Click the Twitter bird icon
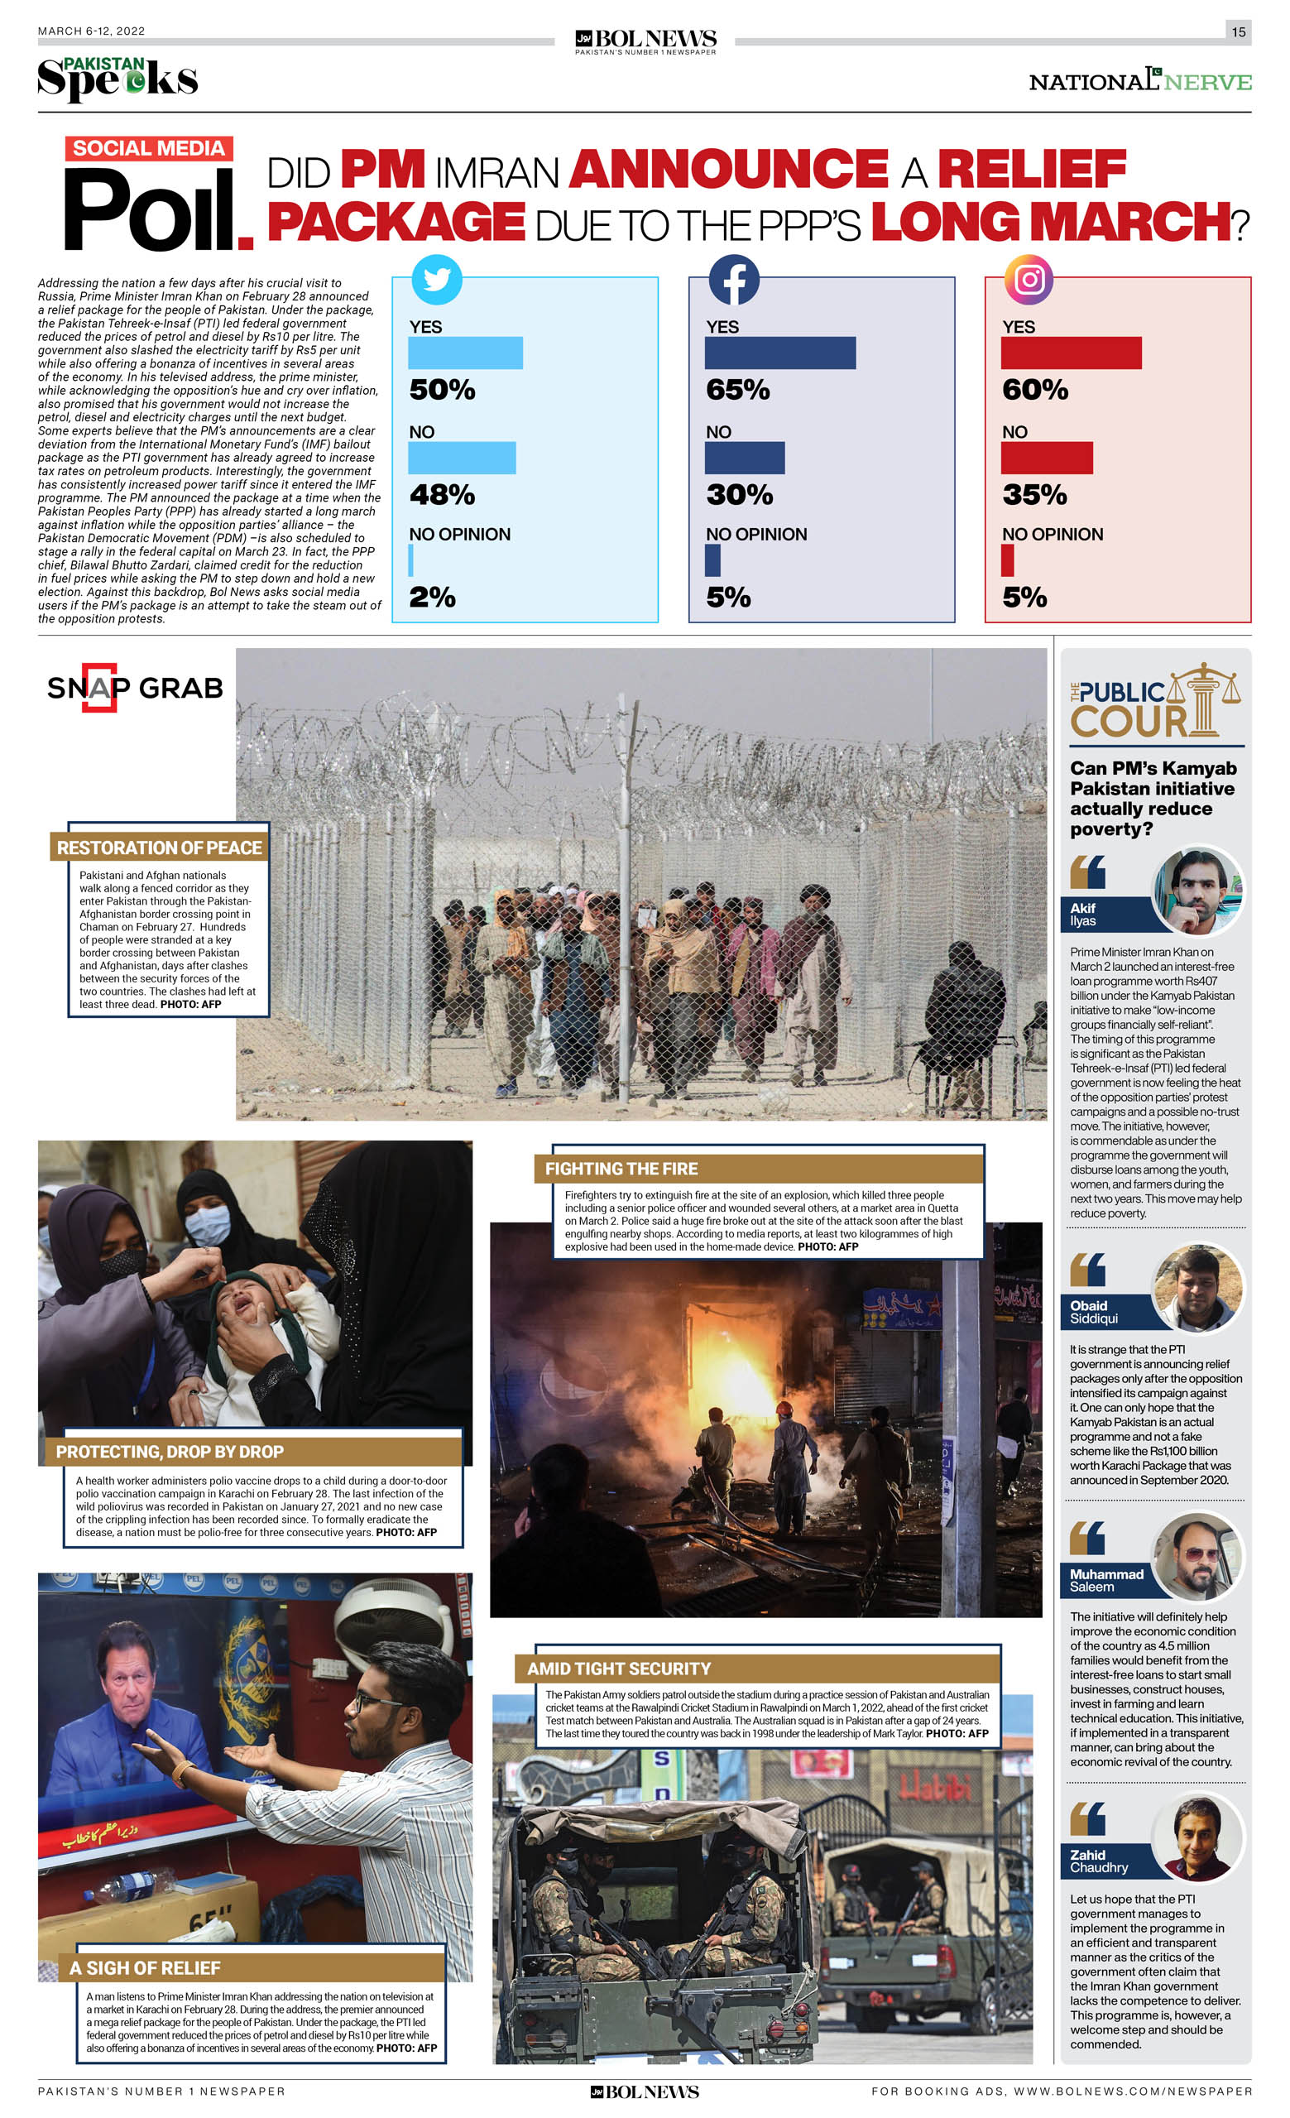coord(437,280)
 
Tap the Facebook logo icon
coord(733,280)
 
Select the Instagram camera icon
coord(1029,280)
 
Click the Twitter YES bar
coord(465,353)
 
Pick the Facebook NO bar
coord(744,458)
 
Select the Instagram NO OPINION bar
coord(1007,560)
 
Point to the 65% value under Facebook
coord(737,389)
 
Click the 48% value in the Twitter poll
coord(442,494)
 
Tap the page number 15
coord(1238,31)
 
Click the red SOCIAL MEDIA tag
coord(149,148)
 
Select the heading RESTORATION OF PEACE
coord(159,848)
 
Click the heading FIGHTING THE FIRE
coord(621,1168)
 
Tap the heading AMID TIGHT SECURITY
coord(619,1669)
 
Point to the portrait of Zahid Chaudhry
coord(1198,1837)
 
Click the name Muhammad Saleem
coord(1106,1580)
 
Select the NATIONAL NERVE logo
coord(1139,81)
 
